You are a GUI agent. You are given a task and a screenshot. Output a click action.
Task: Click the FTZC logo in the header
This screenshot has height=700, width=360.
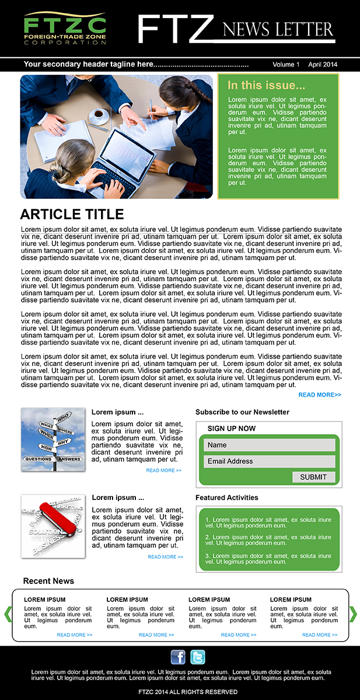[x=65, y=29]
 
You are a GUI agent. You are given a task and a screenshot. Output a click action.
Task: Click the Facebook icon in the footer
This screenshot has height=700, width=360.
[x=178, y=657]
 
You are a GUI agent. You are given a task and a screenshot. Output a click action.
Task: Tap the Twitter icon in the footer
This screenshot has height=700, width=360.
[x=198, y=657]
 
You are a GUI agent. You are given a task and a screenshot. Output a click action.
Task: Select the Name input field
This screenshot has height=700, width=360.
[x=269, y=445]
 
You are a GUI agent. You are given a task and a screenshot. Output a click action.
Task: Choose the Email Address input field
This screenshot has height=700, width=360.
[x=269, y=461]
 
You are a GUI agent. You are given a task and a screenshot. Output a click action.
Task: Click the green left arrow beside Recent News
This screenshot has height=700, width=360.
[x=8, y=614]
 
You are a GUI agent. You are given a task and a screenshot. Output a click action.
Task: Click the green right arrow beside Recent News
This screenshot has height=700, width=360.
[x=352, y=614]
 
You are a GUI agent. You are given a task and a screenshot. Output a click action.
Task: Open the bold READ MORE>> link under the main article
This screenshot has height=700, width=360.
[x=320, y=395]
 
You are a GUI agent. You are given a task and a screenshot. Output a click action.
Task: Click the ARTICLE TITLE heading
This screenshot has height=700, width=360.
[x=72, y=214]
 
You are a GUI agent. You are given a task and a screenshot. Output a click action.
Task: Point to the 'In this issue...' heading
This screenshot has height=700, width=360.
[x=266, y=85]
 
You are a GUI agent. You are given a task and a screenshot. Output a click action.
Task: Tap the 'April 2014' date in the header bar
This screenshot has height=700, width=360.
[x=323, y=65]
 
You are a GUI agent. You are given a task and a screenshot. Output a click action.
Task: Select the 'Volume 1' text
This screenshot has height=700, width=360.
[x=285, y=65]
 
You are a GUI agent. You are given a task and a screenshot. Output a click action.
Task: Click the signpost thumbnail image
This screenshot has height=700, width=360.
[x=53, y=439]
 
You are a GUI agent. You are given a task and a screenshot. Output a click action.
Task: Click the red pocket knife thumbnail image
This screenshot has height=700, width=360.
[x=53, y=526]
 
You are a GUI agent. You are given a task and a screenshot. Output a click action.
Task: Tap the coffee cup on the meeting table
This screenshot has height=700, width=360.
[x=99, y=116]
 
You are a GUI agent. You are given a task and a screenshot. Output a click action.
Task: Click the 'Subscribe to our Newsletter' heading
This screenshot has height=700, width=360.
[x=242, y=412]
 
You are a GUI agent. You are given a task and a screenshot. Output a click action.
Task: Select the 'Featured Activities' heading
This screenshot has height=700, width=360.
[x=226, y=498]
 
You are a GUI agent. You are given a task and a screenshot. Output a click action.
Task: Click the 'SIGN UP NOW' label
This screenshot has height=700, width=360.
[x=231, y=428]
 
